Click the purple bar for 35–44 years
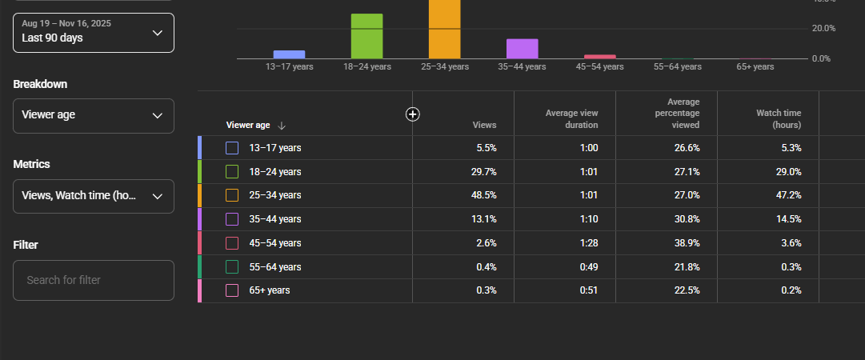522,49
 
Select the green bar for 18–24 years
366,36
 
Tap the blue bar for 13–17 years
289,54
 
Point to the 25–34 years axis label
444,66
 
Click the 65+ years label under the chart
755,66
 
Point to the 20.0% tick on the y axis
823,28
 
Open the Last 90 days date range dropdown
94,33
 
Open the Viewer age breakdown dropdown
94,116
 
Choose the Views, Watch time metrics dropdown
94,196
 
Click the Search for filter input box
94,280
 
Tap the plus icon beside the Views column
413,114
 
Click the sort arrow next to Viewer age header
282,126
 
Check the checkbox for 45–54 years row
232,243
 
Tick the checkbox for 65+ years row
232,290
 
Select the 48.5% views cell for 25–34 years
484,195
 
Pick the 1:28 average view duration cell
589,243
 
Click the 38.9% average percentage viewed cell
687,243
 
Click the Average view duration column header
572,119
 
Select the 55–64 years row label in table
275,267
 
